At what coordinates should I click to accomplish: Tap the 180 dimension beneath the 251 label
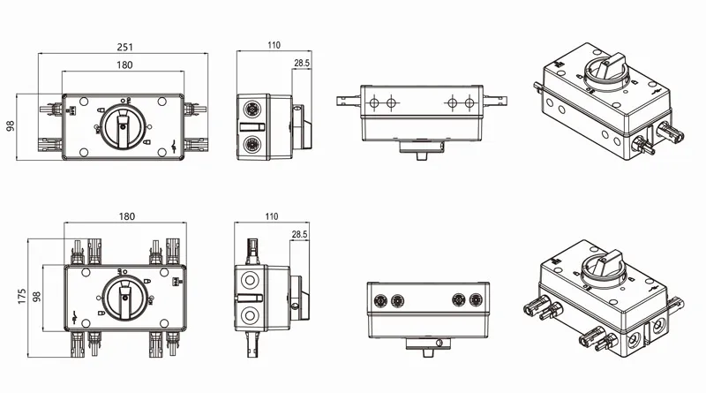click(124, 65)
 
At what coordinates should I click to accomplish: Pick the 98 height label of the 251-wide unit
click(11, 125)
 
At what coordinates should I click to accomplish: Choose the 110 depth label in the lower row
click(270, 216)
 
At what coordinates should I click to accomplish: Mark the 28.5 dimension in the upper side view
click(301, 64)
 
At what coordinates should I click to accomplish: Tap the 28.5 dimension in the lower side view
click(300, 235)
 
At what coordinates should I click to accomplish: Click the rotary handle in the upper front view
click(124, 129)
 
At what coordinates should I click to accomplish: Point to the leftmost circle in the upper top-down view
click(372, 103)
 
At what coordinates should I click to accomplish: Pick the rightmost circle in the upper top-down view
click(469, 103)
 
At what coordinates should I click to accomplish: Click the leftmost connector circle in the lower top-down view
click(381, 299)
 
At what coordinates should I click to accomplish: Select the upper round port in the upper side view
click(251, 113)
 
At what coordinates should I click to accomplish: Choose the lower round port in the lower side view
click(251, 315)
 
